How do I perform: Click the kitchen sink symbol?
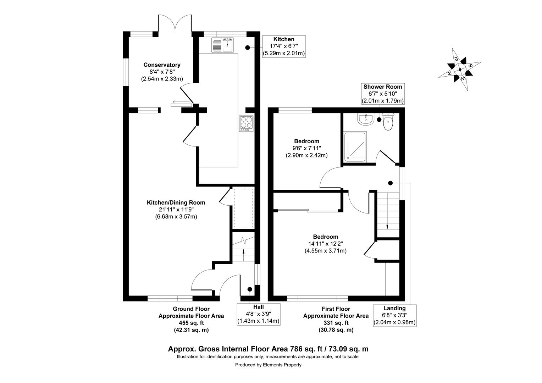[222, 45]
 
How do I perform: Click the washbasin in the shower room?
[365, 120]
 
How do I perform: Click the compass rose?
[460, 70]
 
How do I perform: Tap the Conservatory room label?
[162, 65]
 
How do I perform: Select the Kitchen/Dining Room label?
[176, 202]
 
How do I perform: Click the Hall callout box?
[258, 314]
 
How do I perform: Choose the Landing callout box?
[394, 315]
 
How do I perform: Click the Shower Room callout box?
[382, 94]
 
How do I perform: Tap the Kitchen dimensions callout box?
[283, 46]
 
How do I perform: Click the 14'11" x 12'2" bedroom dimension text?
[325, 244]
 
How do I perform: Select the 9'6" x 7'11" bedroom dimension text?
[306, 148]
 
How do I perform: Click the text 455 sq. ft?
[191, 323]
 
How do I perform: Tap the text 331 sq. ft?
[336, 323]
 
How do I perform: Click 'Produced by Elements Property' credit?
[268, 365]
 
